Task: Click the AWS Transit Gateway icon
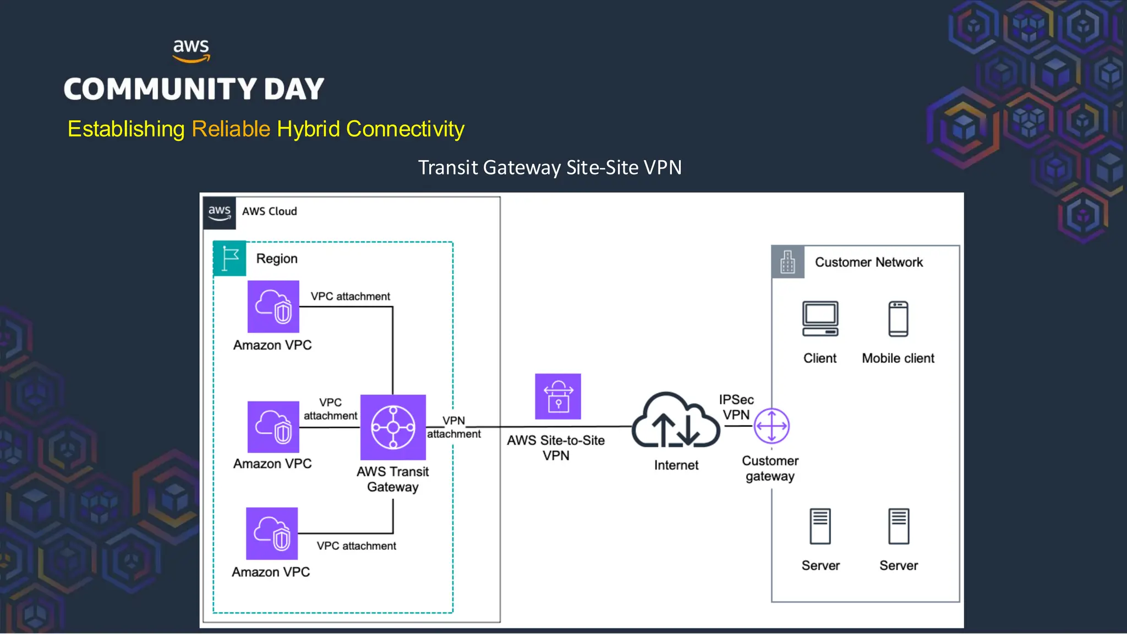tap(392, 427)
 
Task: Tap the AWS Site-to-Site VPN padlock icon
tap(557, 396)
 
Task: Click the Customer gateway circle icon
tap(772, 425)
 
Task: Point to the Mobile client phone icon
tap(898, 319)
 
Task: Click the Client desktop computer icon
tap(820, 319)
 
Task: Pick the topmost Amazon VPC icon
tap(273, 307)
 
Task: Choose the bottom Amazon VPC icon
tap(272, 533)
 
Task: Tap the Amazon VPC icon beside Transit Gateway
tap(273, 427)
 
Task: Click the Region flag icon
tap(229, 258)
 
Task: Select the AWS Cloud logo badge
tap(220, 212)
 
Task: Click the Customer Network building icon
tap(787, 262)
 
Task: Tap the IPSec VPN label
tap(736, 407)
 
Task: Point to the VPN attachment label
tap(453, 427)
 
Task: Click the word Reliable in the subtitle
tap(231, 129)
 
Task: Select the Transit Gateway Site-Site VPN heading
tap(549, 167)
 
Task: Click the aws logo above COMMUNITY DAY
tap(191, 50)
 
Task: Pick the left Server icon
tap(820, 526)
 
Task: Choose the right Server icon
tap(898, 526)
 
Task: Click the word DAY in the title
tap(294, 89)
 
